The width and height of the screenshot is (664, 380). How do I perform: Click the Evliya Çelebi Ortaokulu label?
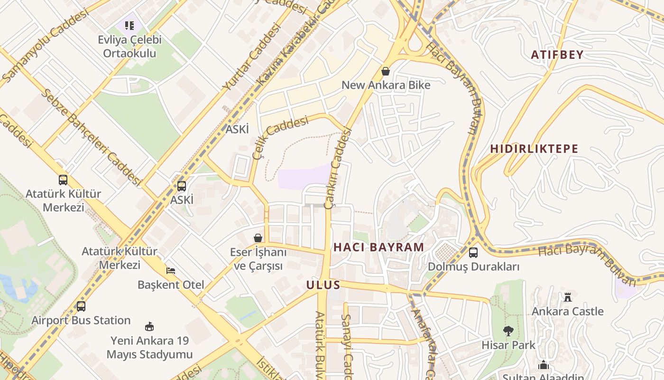point(129,47)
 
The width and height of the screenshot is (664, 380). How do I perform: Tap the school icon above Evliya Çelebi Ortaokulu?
point(129,25)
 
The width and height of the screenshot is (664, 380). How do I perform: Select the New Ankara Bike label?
point(386,85)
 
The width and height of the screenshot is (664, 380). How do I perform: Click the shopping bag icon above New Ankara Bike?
point(386,71)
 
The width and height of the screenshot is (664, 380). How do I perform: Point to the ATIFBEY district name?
point(557,55)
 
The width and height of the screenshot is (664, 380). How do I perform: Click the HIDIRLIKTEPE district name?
point(534,149)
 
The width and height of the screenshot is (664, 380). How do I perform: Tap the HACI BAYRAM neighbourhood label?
point(378,247)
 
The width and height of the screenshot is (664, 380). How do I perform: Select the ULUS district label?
point(323,285)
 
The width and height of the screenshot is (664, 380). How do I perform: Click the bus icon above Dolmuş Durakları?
point(473,253)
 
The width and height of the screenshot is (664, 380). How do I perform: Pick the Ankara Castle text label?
point(567,312)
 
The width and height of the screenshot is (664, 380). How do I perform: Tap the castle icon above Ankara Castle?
point(567,298)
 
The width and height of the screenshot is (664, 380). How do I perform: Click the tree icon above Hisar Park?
point(508,331)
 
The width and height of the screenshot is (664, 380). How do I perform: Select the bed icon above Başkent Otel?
point(171,271)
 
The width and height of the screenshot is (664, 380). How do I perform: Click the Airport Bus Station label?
point(81,320)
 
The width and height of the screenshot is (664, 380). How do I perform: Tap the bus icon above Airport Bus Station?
point(81,306)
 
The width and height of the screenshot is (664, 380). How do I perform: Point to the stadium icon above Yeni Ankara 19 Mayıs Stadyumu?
point(149,327)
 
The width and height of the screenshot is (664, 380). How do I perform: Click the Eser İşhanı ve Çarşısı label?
point(258,259)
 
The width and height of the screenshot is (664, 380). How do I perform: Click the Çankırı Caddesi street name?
point(337,169)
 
